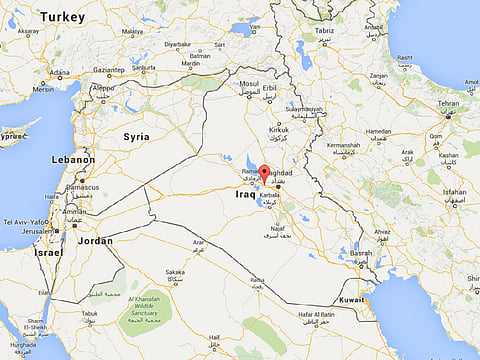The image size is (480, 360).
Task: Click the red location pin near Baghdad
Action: pos(264,174)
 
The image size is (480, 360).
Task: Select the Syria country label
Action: pos(136,136)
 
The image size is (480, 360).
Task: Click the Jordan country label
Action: pos(96,240)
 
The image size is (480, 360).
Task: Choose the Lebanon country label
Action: pos(75,159)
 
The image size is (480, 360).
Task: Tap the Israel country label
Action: pos(48,252)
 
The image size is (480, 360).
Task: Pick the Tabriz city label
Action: pos(353,30)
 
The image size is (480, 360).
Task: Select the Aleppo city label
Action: pos(104,87)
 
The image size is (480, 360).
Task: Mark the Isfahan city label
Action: pos(455,191)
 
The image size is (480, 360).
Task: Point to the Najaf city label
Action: pos(278,228)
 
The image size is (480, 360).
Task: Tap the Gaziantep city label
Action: pos(109,70)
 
